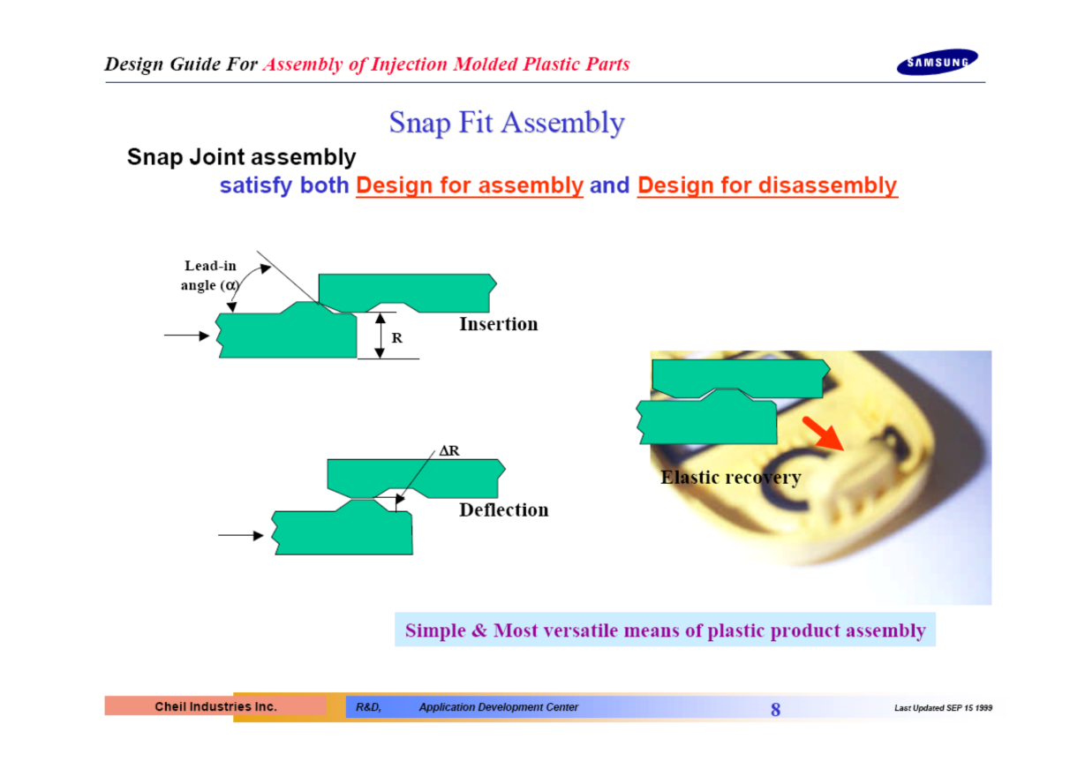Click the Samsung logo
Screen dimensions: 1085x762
click(937, 62)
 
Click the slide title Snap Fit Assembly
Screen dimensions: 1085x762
click(507, 123)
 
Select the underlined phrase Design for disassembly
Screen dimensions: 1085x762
click(767, 185)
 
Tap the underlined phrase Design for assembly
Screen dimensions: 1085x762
click(470, 185)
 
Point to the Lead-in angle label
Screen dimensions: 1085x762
click(210, 275)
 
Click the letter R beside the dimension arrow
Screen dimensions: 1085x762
click(396, 337)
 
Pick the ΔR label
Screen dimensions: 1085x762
click(449, 451)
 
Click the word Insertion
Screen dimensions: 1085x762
click(499, 324)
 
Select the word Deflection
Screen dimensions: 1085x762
click(504, 510)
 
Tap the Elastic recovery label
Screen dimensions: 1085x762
click(731, 478)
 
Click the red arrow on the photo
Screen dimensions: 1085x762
click(823, 434)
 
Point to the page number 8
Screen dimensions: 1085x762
click(775, 710)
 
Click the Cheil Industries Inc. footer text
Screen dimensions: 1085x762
click(216, 706)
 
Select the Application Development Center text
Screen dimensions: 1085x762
click(499, 707)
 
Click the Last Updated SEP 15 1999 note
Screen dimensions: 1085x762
click(943, 708)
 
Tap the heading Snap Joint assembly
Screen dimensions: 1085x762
click(241, 157)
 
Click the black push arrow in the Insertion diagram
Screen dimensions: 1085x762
click(186, 336)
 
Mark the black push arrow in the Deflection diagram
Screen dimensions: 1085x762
click(241, 535)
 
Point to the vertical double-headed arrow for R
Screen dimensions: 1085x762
click(381, 336)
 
